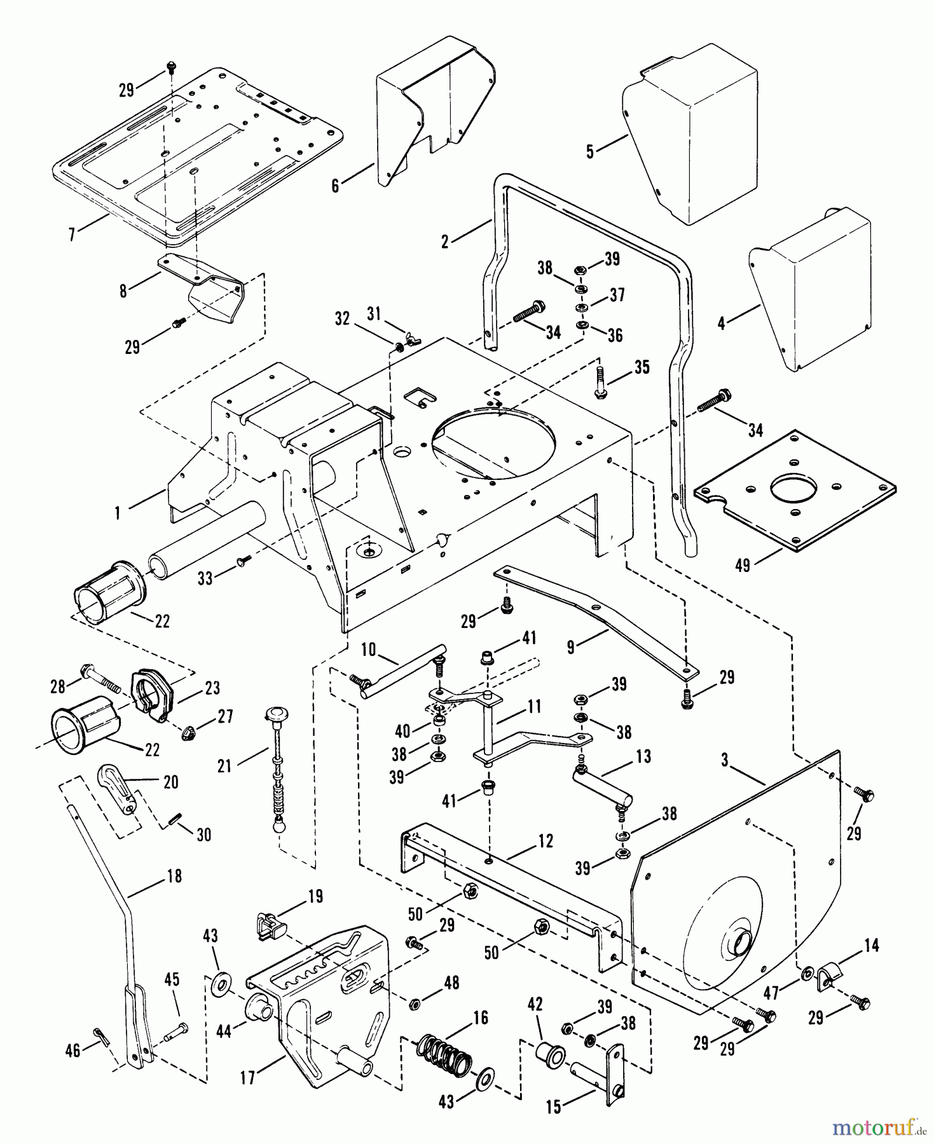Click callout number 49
click(x=743, y=564)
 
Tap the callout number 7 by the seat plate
click(x=72, y=235)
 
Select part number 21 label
click(x=224, y=766)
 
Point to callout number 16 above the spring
click(x=481, y=1018)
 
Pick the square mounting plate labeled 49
click(x=795, y=490)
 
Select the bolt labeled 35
click(x=600, y=383)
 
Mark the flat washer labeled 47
click(x=807, y=973)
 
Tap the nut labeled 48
click(x=413, y=1004)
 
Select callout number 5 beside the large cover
click(x=590, y=152)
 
